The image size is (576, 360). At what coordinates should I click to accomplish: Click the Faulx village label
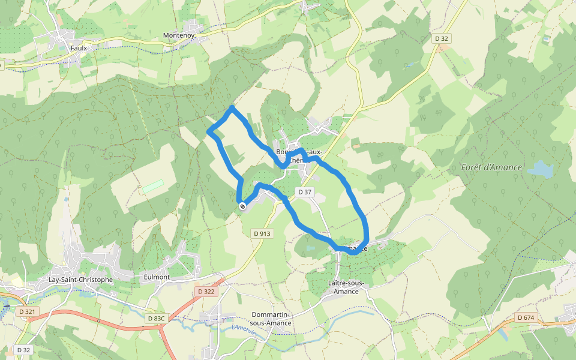[79, 48]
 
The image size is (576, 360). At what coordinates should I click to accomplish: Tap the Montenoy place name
[179, 36]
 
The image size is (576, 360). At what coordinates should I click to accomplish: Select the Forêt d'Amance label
[492, 167]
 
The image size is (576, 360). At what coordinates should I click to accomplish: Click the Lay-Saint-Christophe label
[80, 280]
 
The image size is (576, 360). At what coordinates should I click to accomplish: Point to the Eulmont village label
[157, 277]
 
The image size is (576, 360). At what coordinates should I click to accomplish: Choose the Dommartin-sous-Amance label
[271, 319]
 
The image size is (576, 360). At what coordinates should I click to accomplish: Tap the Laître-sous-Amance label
[343, 287]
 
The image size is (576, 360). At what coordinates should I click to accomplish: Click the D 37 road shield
[305, 192]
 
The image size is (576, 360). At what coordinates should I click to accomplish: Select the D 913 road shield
[262, 234]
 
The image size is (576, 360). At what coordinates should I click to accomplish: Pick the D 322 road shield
[206, 292]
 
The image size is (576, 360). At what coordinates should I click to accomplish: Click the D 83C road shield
[155, 319]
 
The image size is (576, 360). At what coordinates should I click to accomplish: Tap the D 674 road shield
[525, 317]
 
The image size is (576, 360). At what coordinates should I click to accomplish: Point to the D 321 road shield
[27, 311]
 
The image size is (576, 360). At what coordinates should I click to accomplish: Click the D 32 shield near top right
[441, 38]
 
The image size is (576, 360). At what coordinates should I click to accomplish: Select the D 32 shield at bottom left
[23, 349]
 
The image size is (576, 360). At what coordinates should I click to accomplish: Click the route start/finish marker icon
[242, 206]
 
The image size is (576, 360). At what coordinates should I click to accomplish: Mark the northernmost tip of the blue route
[232, 107]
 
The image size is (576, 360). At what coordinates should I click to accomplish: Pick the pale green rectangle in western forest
[152, 186]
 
